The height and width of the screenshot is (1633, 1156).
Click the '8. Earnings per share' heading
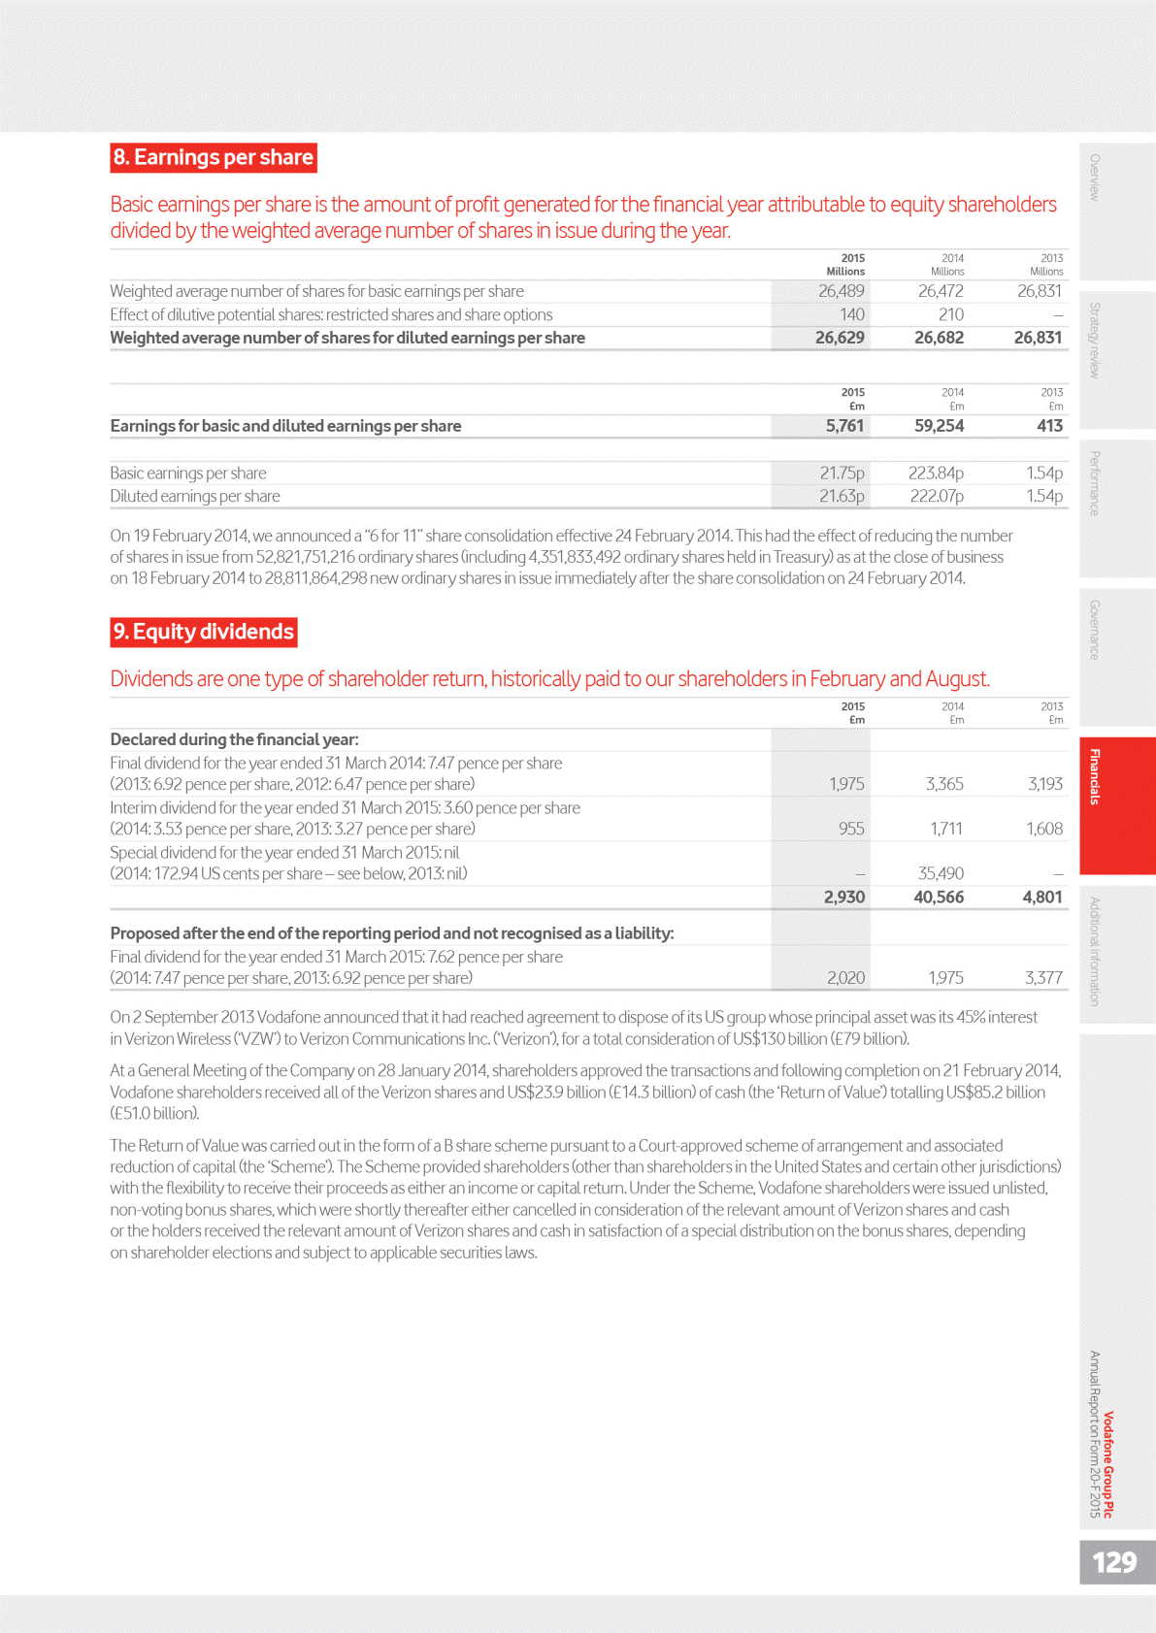[214, 157]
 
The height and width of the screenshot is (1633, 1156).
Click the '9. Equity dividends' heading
[204, 632]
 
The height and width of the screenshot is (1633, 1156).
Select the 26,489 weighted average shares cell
[841, 291]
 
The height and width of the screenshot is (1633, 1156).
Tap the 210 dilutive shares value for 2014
[950, 314]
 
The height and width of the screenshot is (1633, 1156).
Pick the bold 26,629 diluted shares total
[840, 338]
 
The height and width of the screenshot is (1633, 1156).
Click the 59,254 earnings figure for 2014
[939, 426]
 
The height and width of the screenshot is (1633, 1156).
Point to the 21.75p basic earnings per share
[842, 473]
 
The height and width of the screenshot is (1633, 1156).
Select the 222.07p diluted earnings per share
[936, 496]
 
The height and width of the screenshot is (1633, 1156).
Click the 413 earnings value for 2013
[1049, 426]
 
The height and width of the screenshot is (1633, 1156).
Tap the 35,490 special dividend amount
[941, 873]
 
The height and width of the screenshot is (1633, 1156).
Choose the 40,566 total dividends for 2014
[939, 898]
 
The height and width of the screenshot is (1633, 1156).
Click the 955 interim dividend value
[851, 829]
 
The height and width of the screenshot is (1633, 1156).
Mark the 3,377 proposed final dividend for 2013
[1043, 978]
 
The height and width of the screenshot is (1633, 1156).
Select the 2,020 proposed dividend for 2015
[845, 978]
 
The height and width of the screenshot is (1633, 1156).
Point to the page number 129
[1114, 1562]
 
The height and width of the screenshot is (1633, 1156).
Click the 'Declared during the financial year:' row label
[234, 739]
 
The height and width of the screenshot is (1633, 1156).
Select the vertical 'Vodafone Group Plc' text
[1108, 1464]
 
